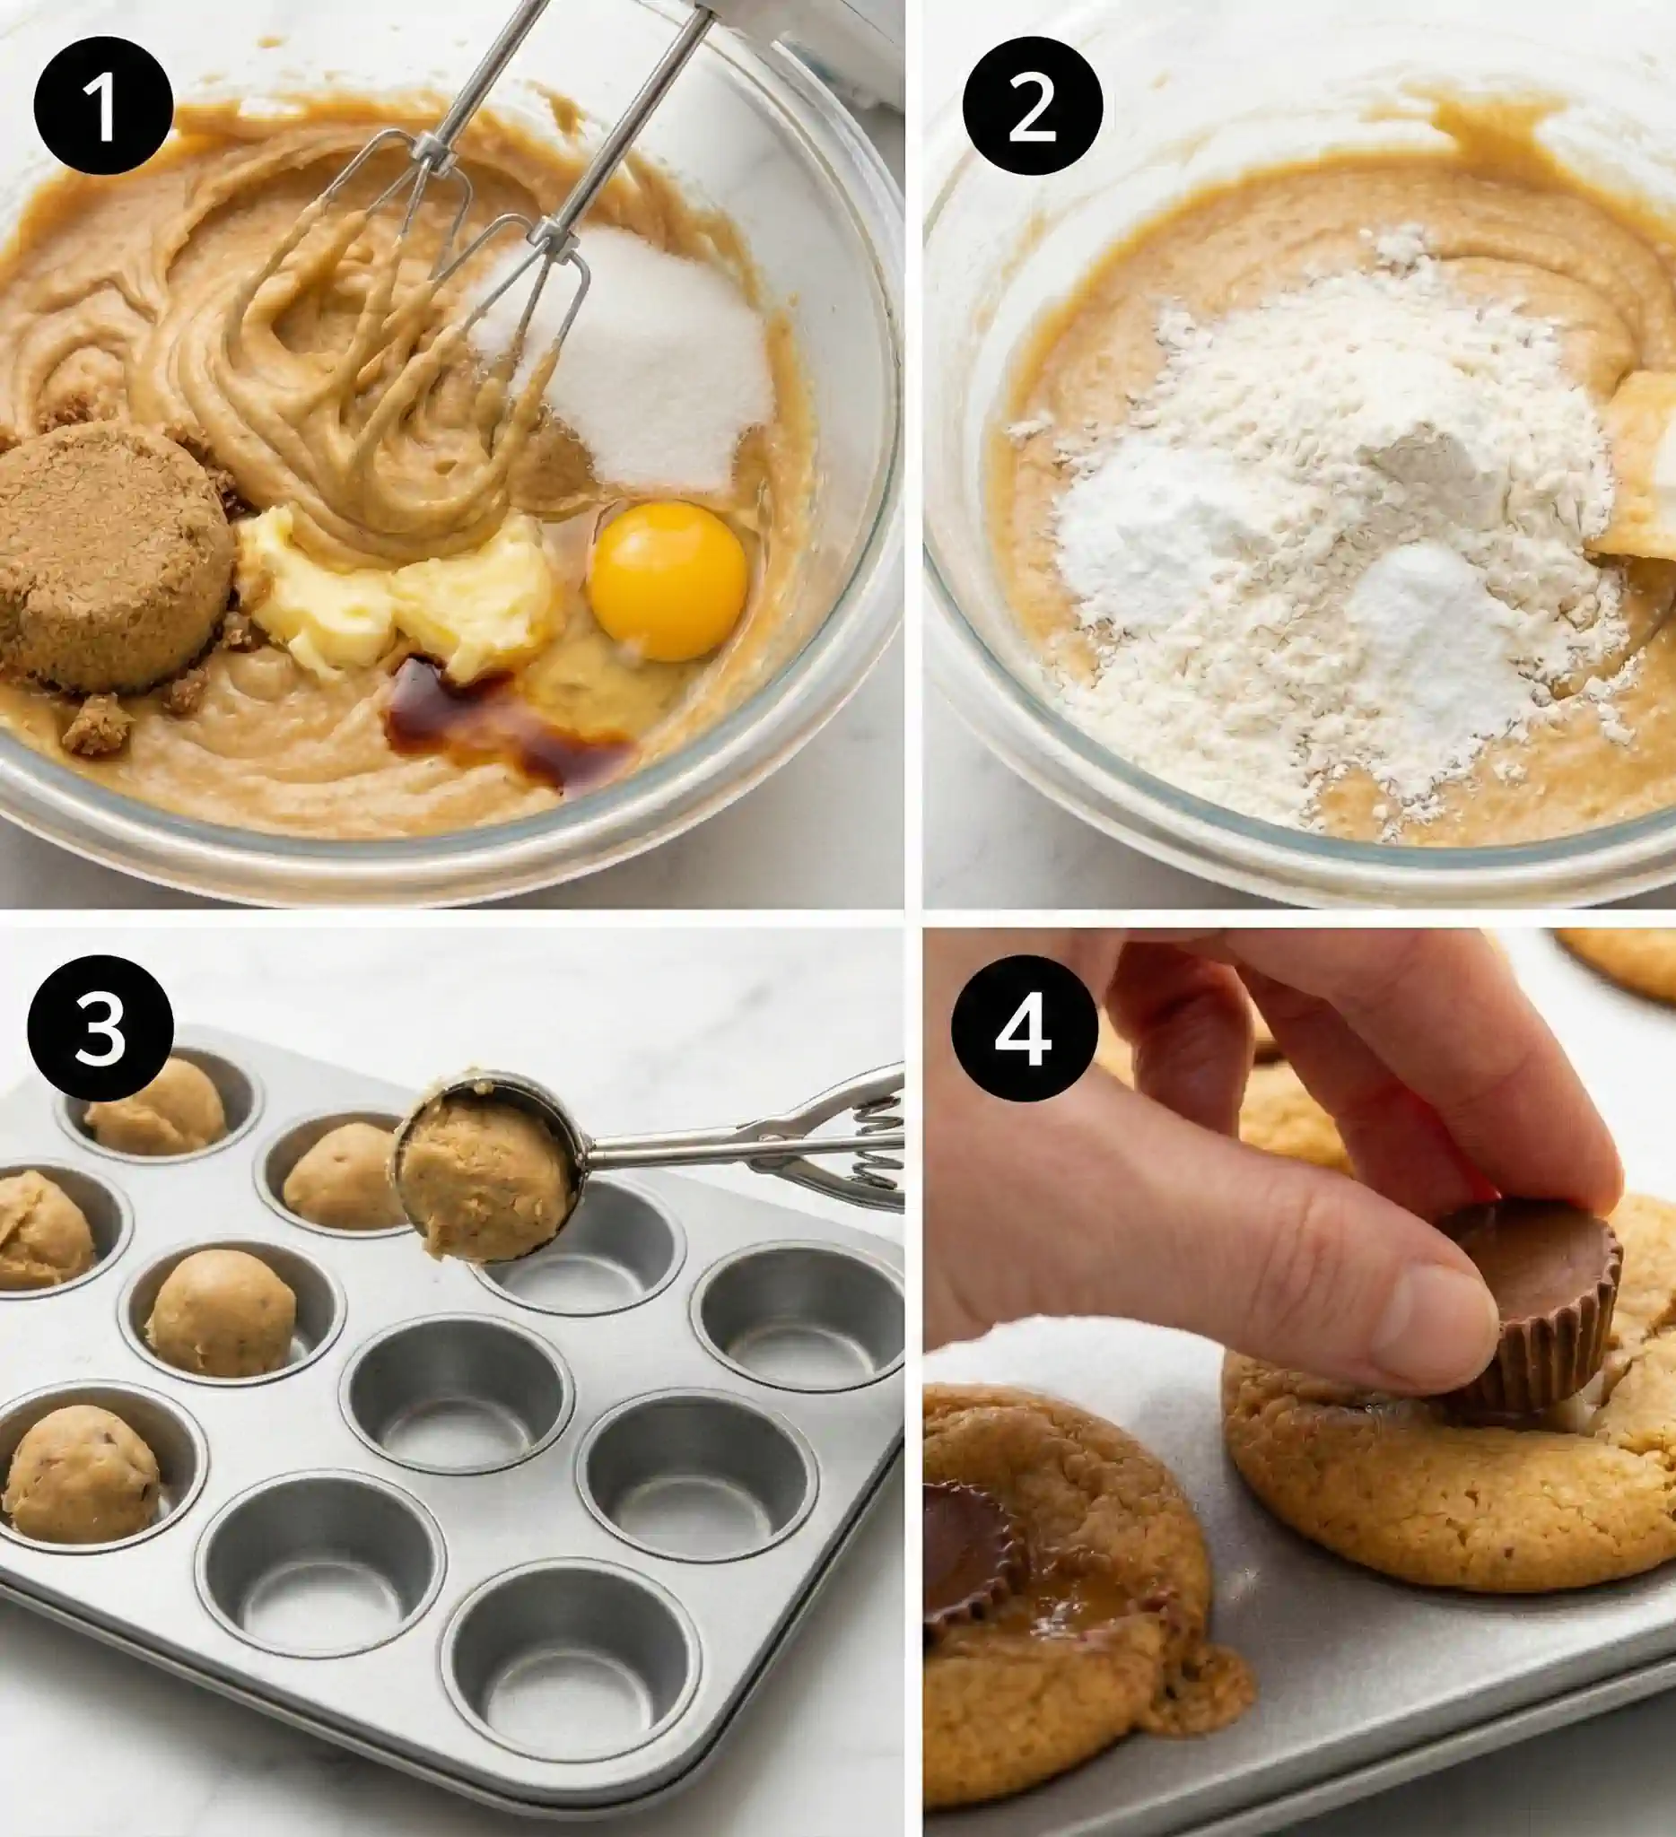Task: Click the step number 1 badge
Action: (x=103, y=108)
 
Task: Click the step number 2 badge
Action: (x=1032, y=108)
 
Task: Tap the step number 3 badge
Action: (x=100, y=1026)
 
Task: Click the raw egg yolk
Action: (x=668, y=580)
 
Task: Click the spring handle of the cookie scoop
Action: (x=820, y=1139)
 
